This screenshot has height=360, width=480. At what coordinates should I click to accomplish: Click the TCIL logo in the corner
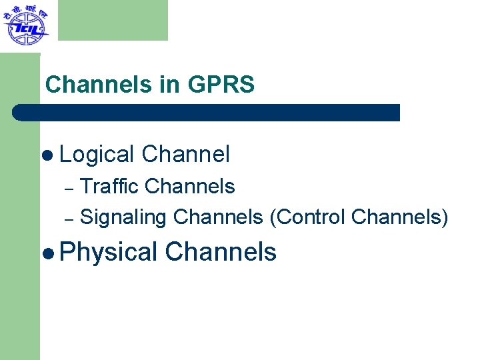(25, 25)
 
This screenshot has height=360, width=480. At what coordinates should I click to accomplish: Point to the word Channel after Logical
(186, 155)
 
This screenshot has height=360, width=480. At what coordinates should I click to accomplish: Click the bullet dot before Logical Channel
(46, 155)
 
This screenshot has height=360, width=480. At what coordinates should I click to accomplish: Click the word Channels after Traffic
(190, 186)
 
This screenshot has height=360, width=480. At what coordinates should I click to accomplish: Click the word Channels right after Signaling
(218, 217)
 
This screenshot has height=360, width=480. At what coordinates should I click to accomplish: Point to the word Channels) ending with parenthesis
(399, 217)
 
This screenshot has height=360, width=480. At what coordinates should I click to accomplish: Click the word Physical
(108, 252)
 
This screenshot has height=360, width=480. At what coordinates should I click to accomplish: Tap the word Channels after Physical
(221, 252)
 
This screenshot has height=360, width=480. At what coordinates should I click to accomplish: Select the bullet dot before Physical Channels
(46, 253)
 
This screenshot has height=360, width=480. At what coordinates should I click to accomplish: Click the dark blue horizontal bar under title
(207, 113)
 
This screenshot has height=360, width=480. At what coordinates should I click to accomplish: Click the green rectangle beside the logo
(113, 20)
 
